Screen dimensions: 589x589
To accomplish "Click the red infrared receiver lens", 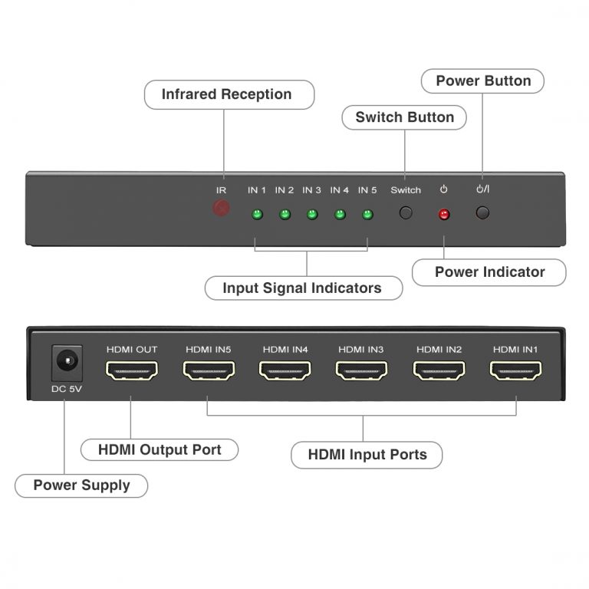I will [x=221, y=208].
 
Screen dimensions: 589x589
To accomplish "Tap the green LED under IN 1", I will [x=257, y=214].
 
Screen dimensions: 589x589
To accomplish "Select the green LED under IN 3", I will [x=312, y=214].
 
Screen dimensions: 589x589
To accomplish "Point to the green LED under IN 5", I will [x=367, y=214].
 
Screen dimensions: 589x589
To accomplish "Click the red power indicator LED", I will [x=443, y=214].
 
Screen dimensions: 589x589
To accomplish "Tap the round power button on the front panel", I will [x=482, y=213].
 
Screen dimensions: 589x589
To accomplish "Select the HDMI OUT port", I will [x=132, y=371].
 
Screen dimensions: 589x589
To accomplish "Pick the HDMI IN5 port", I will [x=209, y=371].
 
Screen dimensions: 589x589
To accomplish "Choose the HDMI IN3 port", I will [x=362, y=371].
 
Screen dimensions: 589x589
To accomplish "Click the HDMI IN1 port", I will [x=515, y=371].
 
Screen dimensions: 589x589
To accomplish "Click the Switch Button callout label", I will [x=404, y=117].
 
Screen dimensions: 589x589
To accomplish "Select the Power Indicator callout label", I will [x=489, y=271].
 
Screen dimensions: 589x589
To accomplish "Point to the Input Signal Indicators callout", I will [x=301, y=288].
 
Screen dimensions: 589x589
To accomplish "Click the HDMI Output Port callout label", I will [x=160, y=449].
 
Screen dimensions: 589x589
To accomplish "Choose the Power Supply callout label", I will [x=81, y=485].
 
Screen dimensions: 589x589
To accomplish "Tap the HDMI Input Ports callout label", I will [x=367, y=454].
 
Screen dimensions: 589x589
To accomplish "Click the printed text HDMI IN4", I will [x=285, y=350].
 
